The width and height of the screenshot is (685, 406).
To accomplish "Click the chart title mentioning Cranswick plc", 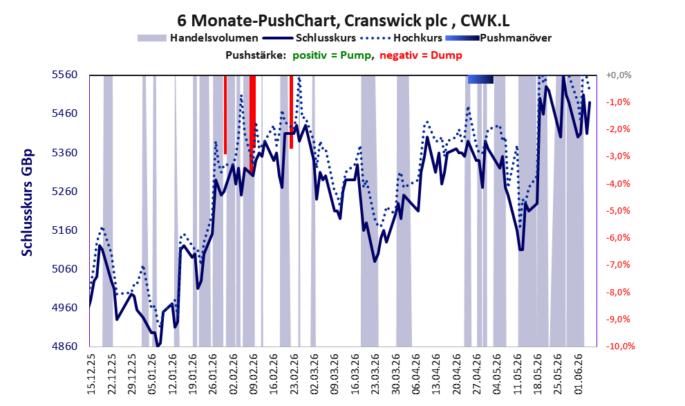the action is [344, 20].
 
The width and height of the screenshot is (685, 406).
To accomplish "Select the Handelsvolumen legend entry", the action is [198, 38].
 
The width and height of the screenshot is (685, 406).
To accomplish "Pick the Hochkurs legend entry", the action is [401, 38].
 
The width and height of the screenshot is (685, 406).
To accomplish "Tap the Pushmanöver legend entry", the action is [498, 38].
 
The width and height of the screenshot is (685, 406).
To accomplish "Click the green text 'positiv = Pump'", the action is [332, 55].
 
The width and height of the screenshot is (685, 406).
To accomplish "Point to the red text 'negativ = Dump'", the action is [421, 55].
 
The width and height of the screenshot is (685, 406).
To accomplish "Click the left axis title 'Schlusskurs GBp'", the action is [27, 203].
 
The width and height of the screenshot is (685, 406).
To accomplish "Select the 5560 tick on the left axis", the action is [64, 75].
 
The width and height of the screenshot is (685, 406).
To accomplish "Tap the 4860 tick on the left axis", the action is [64, 347].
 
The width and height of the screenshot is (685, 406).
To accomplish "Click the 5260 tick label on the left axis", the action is [64, 192].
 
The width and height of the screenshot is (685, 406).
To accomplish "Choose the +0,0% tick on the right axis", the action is [619, 75].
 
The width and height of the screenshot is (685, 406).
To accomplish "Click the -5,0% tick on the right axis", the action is [619, 211].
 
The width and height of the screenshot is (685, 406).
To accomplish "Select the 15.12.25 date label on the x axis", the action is [91, 374].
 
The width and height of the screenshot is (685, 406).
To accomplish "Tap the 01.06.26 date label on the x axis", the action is [579, 374].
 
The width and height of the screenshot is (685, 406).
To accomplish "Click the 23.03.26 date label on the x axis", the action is [375, 374].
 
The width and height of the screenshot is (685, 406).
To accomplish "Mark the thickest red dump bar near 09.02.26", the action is [252, 124].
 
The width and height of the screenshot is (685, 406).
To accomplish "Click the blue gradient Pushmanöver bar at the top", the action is [480, 79].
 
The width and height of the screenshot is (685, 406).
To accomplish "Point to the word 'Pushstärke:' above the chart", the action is [256, 55].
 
